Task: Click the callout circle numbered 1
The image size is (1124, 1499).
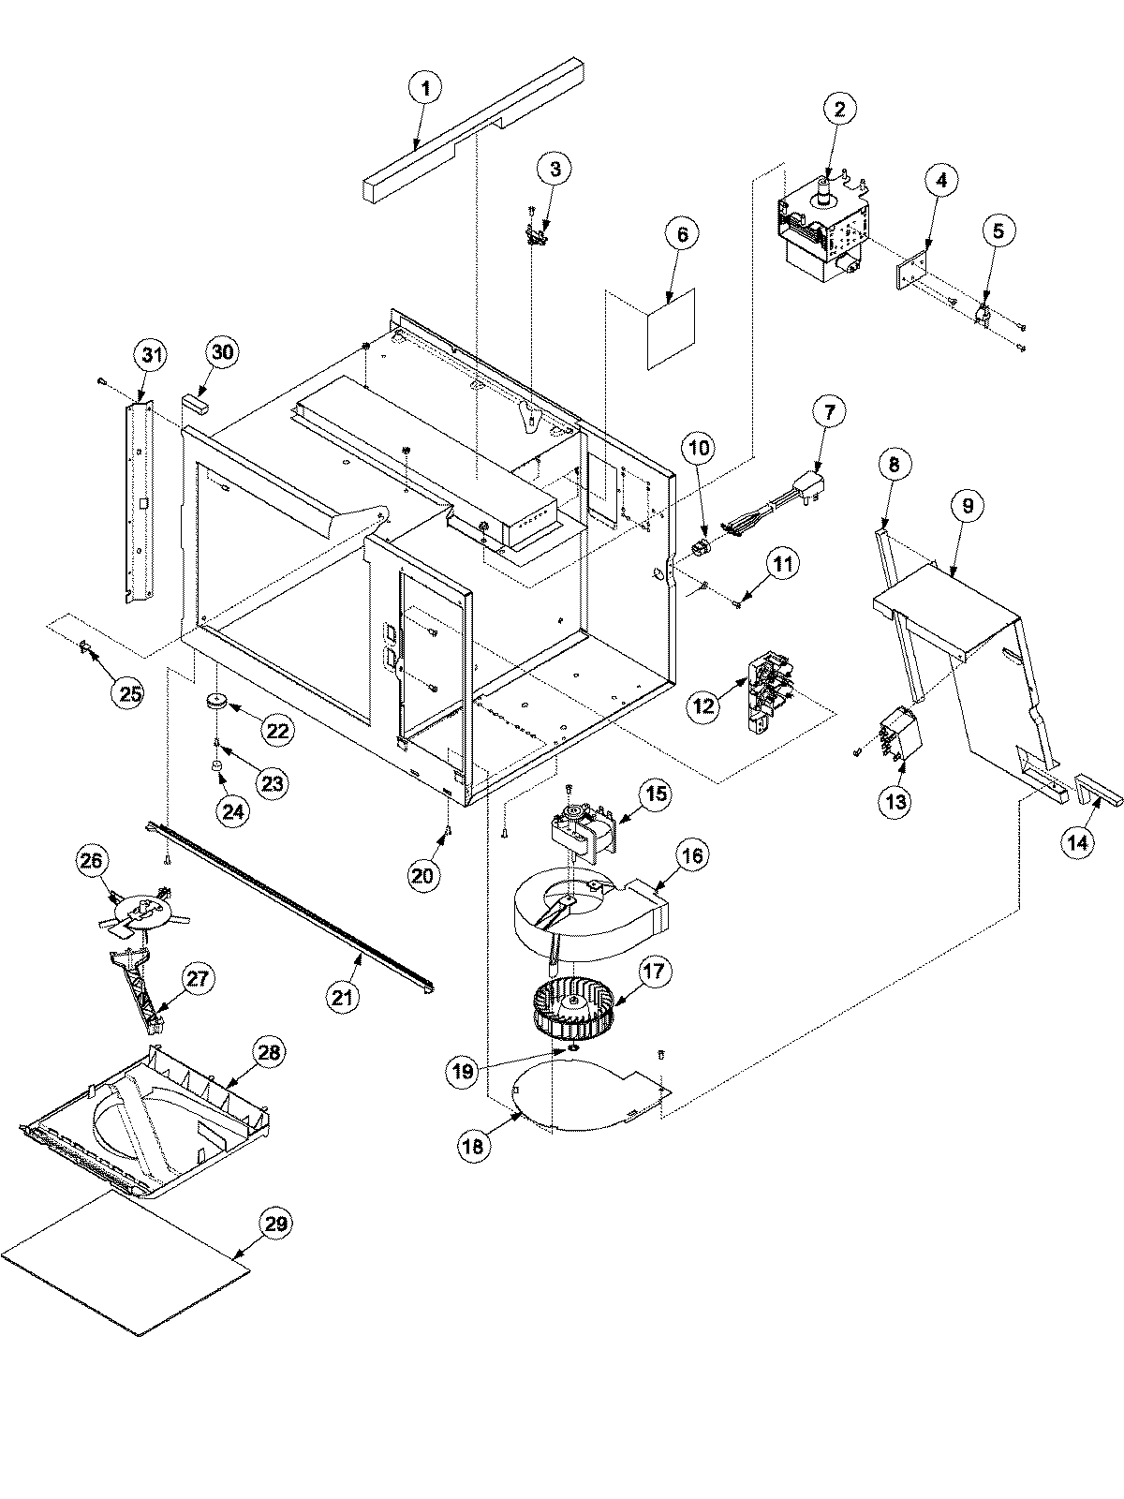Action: pyautogui.click(x=425, y=89)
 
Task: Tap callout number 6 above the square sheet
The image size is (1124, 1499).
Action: pyautogui.click(x=682, y=233)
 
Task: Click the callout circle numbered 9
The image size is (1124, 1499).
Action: pyautogui.click(x=968, y=506)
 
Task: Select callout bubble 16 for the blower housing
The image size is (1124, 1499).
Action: pyautogui.click(x=694, y=854)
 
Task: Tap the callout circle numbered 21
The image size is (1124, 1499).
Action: pyautogui.click(x=343, y=998)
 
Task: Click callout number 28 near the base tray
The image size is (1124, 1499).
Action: pyautogui.click(x=269, y=1053)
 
